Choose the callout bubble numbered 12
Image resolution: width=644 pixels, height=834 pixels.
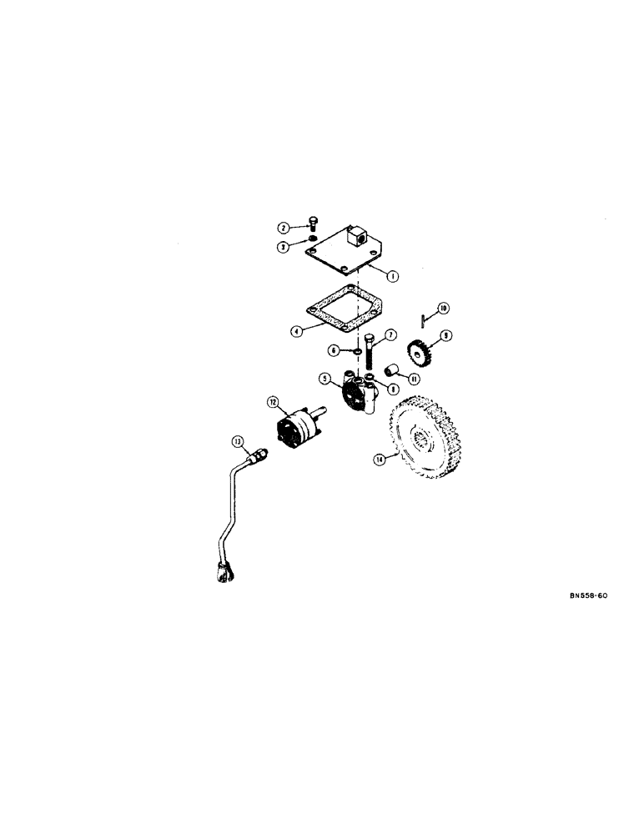coord(272,402)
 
